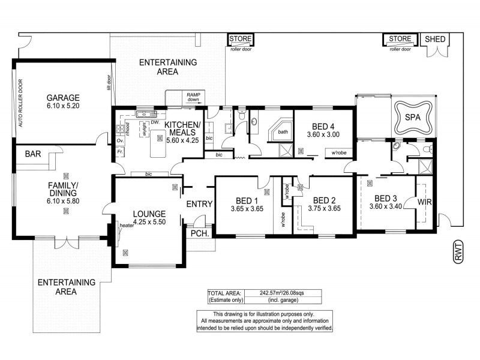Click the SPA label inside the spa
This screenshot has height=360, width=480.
pyautogui.click(x=412, y=117)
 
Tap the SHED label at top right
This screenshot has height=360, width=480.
pyautogui.click(x=435, y=39)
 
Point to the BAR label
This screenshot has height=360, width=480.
pyautogui.click(x=33, y=154)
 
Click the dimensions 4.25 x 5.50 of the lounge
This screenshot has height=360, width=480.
pyautogui.click(x=148, y=221)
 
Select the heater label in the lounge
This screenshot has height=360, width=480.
pyautogui.click(x=126, y=226)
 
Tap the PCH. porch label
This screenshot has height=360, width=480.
pyautogui.click(x=199, y=233)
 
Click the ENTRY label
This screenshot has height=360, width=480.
pyautogui.click(x=199, y=204)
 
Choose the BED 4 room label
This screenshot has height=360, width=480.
pyautogui.click(x=323, y=127)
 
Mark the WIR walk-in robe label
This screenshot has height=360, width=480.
pyautogui.click(x=425, y=203)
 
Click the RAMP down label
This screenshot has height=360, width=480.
pyautogui.click(x=193, y=98)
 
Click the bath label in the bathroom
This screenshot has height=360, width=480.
pyautogui.click(x=283, y=131)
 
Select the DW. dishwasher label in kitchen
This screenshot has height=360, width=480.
pyautogui.click(x=154, y=122)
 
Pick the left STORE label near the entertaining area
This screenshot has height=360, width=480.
pyautogui.click(x=241, y=40)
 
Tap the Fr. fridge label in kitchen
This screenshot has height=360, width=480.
pyautogui.click(x=120, y=152)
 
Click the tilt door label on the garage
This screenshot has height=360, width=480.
pyautogui.click(x=109, y=82)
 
